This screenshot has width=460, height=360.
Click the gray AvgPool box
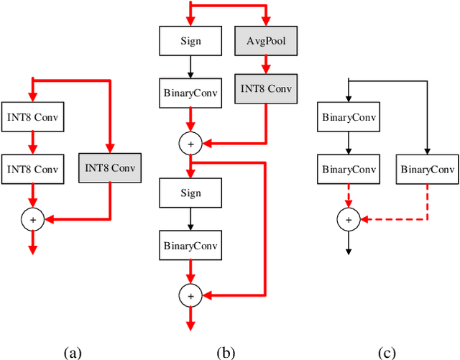pyautogui.click(x=266, y=41)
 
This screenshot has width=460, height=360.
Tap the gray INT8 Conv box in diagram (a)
pyautogui.click(x=109, y=169)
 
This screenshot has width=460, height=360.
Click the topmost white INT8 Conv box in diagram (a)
pyautogui.click(x=32, y=117)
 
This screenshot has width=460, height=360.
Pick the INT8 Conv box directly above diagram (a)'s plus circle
pyautogui.click(x=32, y=169)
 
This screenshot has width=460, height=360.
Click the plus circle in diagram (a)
pyautogui.click(x=32, y=218)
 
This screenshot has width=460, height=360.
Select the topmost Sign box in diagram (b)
pyautogui.click(x=190, y=41)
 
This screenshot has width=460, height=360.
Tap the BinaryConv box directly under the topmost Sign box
pyautogui.click(x=190, y=92)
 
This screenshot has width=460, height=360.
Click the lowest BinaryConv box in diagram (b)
pyautogui.click(x=190, y=246)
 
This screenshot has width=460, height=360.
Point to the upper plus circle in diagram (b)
pyautogui.click(x=190, y=144)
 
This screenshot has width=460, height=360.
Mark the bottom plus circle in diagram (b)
pyautogui.click(x=190, y=295)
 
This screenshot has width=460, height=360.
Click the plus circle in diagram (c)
pyautogui.click(x=348, y=219)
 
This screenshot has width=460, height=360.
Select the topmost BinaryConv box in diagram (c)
pyautogui.click(x=348, y=117)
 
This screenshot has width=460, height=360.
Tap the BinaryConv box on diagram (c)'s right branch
pyautogui.click(x=427, y=170)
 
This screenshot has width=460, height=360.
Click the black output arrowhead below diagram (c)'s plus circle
pyautogui.click(x=348, y=250)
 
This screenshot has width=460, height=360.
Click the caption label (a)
pyautogui.click(x=72, y=352)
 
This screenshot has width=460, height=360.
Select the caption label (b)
pyautogui.click(x=226, y=352)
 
